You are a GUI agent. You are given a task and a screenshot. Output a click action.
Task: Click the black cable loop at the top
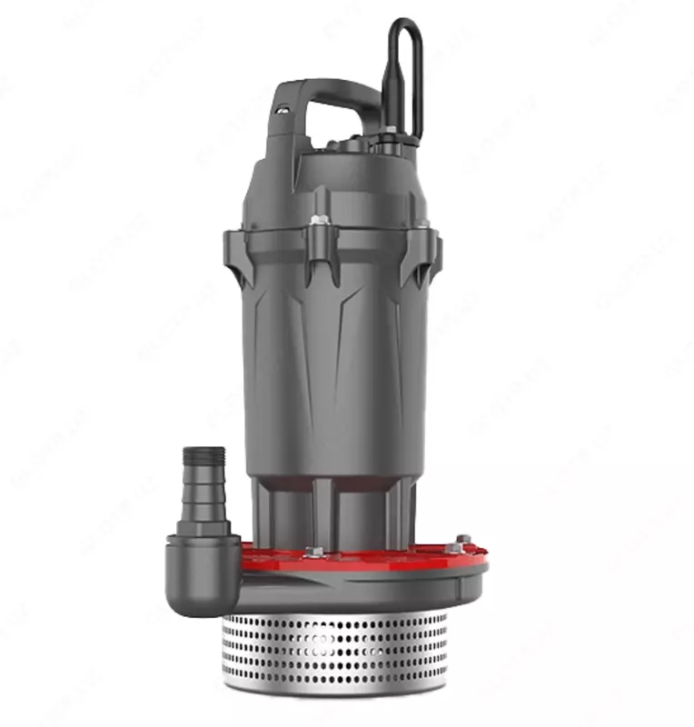(405, 73)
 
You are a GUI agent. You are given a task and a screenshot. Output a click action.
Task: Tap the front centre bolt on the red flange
(314, 551)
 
